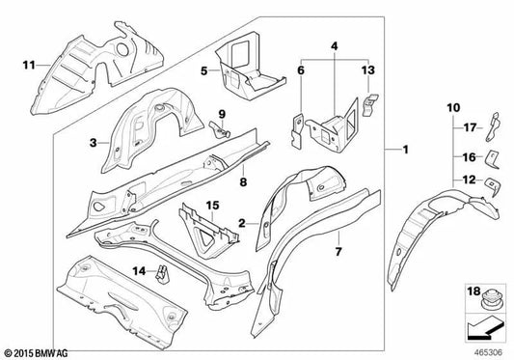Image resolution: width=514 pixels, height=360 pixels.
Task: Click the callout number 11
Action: point(28,66)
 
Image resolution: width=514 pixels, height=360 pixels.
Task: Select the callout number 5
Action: point(203,69)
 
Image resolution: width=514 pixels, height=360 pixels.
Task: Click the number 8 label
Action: point(244,179)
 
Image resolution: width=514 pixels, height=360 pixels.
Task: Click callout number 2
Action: point(240,223)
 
